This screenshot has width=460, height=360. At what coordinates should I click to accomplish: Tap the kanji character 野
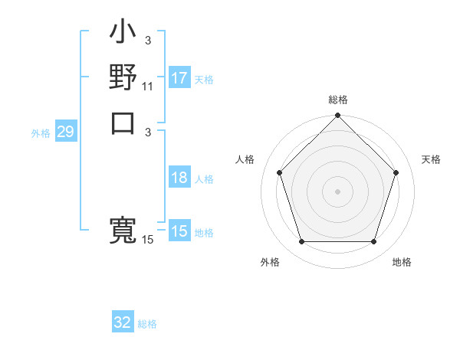[x=123, y=78]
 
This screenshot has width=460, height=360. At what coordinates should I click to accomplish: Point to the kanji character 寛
[x=123, y=230]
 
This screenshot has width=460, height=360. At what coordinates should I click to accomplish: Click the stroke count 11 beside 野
[x=148, y=87]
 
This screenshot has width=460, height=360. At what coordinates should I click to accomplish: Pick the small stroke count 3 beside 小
[x=148, y=40]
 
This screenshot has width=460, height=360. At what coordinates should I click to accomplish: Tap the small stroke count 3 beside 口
[x=148, y=131]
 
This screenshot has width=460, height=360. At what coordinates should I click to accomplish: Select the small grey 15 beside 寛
[x=148, y=240]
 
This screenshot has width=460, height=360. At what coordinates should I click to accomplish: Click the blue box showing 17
[x=179, y=77]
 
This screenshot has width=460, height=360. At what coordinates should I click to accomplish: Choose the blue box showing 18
[x=179, y=178]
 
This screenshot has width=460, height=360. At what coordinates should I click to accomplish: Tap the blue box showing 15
[x=179, y=231]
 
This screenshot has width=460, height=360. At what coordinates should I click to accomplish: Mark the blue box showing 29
[x=65, y=132]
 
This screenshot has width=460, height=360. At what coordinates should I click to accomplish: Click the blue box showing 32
[x=123, y=322]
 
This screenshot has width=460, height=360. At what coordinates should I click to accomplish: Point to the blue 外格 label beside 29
[x=41, y=133]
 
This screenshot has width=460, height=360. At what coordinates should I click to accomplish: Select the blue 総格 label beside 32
[x=147, y=324]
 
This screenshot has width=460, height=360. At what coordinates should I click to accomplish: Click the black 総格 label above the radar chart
[x=337, y=100]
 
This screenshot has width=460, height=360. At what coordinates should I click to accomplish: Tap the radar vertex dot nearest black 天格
[x=396, y=172]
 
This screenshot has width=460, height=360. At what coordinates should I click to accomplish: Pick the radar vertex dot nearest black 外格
[x=301, y=242]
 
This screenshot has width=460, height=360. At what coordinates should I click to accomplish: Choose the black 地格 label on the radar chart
[x=402, y=263]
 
